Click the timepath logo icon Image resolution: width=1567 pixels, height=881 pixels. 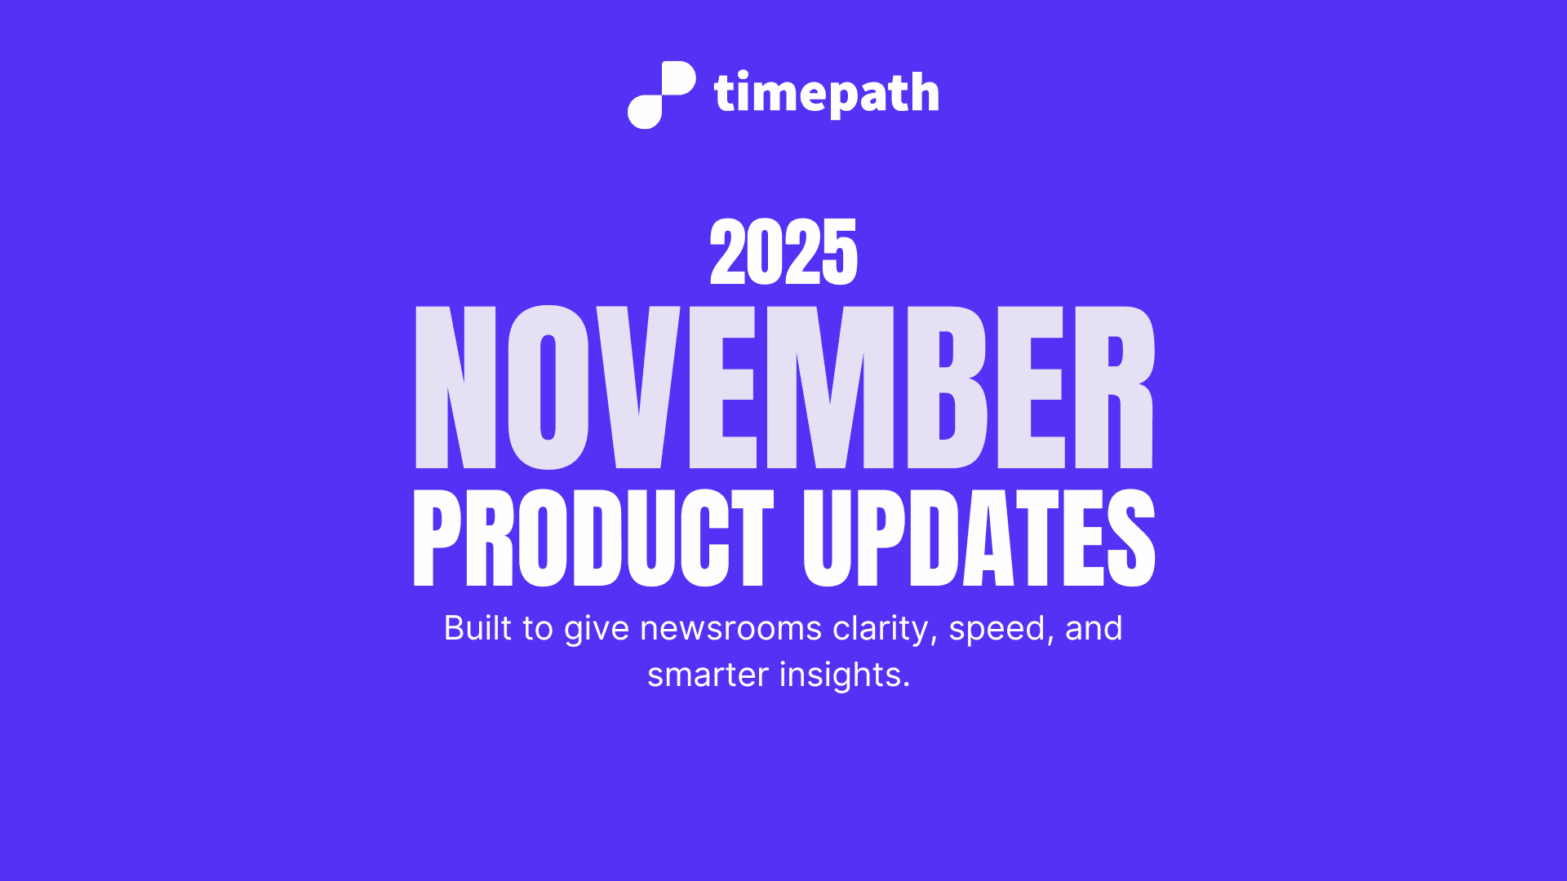tap(661, 95)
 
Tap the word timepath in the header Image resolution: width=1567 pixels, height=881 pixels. tap(826, 94)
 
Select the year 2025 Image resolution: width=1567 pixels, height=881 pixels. tap(783, 252)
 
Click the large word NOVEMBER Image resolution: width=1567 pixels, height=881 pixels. tap(783, 387)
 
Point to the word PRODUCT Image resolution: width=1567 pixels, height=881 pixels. tap(593, 538)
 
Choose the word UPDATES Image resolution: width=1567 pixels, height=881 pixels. tap(979, 538)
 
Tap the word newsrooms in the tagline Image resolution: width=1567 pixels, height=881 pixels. tap(730, 628)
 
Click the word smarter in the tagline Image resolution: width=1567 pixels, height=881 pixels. tap(708, 675)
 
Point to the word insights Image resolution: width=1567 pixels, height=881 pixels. tap(844, 675)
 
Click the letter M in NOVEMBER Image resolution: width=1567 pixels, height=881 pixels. tap(830, 387)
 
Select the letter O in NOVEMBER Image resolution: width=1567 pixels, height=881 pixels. tap(548, 387)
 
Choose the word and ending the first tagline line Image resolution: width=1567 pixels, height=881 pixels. tap(1094, 628)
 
